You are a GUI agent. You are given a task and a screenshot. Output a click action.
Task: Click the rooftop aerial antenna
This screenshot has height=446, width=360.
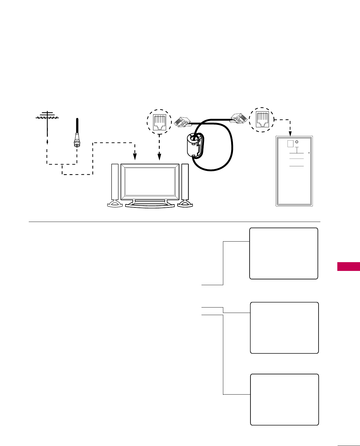click(x=47, y=117)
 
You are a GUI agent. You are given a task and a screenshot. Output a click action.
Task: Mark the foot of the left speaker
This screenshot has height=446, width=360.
click(x=115, y=204)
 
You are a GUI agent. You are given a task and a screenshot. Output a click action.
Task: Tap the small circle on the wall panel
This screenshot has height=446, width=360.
click(x=297, y=142)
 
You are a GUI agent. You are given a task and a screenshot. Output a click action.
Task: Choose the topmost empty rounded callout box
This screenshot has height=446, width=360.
click(x=283, y=253)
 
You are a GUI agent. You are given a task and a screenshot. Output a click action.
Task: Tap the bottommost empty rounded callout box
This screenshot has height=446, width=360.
click(x=285, y=399)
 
